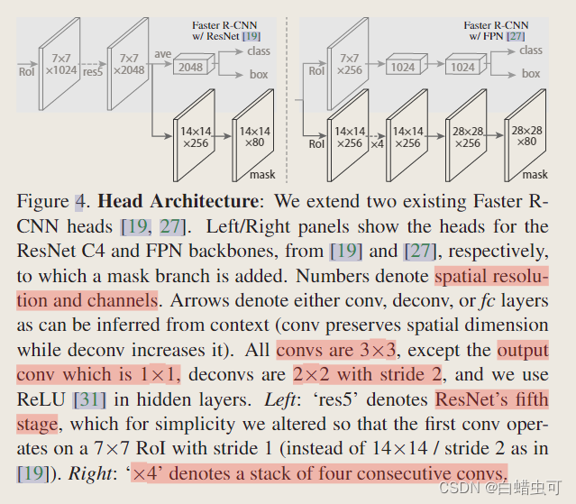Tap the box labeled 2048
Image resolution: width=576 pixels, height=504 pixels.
pyautogui.click(x=190, y=68)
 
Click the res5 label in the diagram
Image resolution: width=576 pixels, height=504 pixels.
pyautogui.click(x=91, y=69)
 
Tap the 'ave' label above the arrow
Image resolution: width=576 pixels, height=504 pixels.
pyautogui.click(x=162, y=55)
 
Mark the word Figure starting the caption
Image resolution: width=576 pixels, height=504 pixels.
pyautogui.click(x=42, y=200)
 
